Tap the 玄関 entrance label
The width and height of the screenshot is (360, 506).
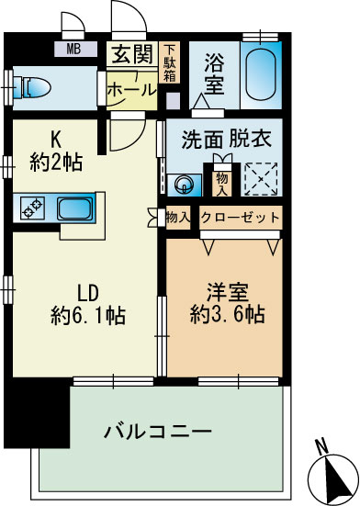[131, 54]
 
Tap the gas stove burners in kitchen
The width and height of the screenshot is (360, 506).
[33, 208]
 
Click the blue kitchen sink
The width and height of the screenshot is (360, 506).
[74, 208]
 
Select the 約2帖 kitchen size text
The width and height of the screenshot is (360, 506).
[56, 163]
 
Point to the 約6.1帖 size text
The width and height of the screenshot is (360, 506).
[90, 316]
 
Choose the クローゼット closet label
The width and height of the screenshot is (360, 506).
[240, 219]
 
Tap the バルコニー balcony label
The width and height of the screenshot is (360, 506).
[158, 431]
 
